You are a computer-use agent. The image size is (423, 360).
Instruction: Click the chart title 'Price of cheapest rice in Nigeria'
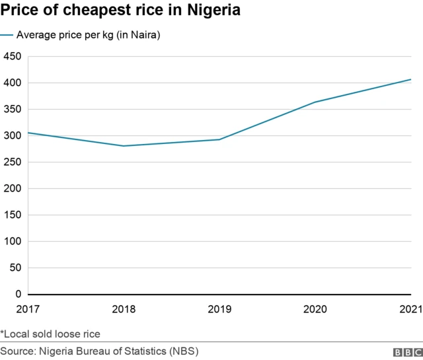[x=120, y=12]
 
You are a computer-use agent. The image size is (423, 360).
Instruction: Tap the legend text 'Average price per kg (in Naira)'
[x=89, y=35]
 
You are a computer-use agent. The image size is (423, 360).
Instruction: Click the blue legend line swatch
[x=7, y=35]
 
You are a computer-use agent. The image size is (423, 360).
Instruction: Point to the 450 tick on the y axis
[x=12, y=57]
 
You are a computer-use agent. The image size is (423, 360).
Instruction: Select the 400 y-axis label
[x=12, y=83]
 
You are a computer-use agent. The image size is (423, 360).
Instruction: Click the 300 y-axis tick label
[x=12, y=136]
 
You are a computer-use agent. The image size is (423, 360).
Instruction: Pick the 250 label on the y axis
[x=12, y=162]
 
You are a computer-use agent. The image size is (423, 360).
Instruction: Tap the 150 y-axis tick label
[x=12, y=215]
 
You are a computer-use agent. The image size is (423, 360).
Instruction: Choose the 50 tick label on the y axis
[x=15, y=268]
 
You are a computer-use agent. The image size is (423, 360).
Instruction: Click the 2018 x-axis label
[x=124, y=308]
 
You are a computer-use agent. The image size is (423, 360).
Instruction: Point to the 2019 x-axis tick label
[x=219, y=308]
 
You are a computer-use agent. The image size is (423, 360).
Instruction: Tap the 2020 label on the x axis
[x=315, y=308]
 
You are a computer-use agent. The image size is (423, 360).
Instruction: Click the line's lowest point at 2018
[x=124, y=146]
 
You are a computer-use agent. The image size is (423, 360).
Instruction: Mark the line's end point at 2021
[x=410, y=79]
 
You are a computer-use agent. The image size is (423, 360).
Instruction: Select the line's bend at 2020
[x=315, y=102]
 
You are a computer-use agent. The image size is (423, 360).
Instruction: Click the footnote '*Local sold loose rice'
[x=50, y=334]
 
